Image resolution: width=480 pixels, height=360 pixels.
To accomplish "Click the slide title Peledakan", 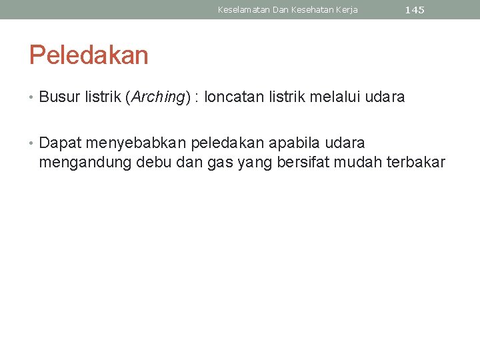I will [88, 55].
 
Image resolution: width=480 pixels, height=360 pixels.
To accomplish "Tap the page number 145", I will [415, 10].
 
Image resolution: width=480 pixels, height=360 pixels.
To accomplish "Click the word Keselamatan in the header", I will [244, 10].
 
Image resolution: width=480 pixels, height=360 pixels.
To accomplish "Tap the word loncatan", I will [234, 97].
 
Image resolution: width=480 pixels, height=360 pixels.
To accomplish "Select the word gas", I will [219, 162].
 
